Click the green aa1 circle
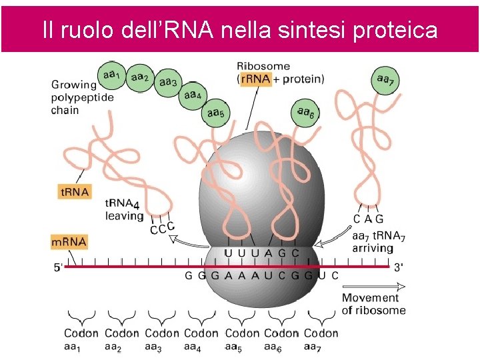click(x=111, y=75)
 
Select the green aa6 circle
click(x=306, y=113)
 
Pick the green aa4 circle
click(x=193, y=96)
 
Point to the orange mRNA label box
click(x=69, y=241)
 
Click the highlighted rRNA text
click(x=255, y=79)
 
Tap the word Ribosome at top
click(x=263, y=66)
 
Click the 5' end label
click(x=59, y=267)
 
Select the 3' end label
click(x=398, y=267)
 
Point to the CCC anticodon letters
click(x=163, y=229)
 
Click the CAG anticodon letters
click(x=368, y=219)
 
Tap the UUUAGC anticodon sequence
click(x=262, y=253)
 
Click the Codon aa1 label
click(x=81, y=339)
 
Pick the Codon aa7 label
click(x=321, y=339)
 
